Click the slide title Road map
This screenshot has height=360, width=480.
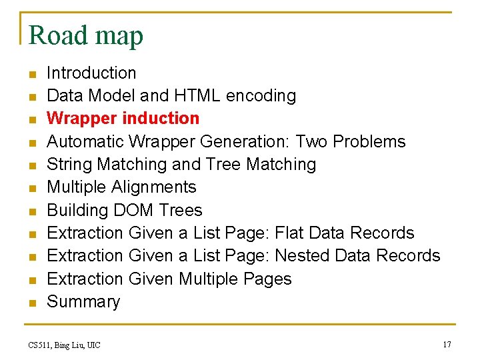pos(86,35)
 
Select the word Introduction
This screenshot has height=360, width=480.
pos(91,73)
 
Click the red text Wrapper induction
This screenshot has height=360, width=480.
pos(123,118)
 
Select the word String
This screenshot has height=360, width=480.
pos(69,164)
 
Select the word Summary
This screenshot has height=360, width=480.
pos(83,301)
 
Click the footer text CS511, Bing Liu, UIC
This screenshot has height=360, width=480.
pos(65,345)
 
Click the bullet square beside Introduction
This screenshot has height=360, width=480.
pos(31,74)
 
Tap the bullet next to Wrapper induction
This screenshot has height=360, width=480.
pos(31,119)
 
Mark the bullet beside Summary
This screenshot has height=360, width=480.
pos(31,303)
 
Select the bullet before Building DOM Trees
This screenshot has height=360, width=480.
pos(31,211)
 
